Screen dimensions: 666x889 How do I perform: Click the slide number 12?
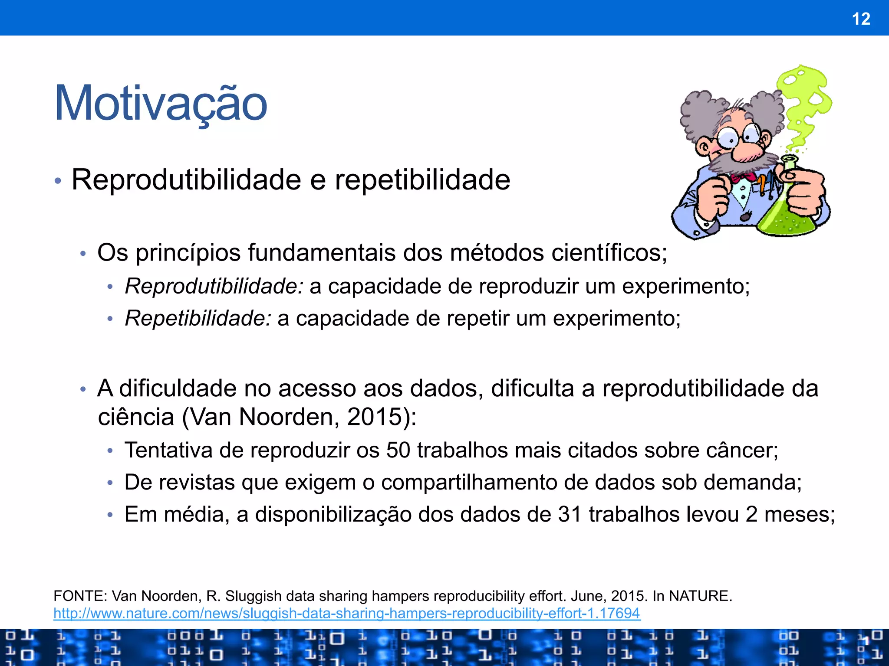tap(861, 19)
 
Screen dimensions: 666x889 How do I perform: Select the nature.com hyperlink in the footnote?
tap(346, 613)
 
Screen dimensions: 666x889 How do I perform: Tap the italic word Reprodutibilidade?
tap(214, 286)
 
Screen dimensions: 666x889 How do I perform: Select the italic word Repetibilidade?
tap(198, 318)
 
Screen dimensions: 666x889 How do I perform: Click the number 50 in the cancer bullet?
tap(398, 450)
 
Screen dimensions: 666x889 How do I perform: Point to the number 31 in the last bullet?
tap(570, 514)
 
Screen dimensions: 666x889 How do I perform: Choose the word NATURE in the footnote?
tap(700, 596)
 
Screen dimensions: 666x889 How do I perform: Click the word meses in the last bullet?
tap(799, 514)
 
